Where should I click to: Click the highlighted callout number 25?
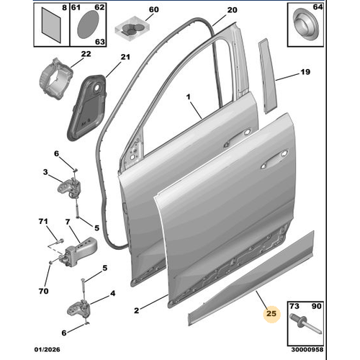tap(271, 313)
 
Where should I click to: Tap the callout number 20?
tap(230, 10)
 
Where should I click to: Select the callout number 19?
tap(305, 72)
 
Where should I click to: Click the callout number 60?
tap(152, 10)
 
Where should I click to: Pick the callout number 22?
tap(86, 54)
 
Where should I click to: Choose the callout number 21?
tap(124, 58)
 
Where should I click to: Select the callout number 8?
tap(65, 9)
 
